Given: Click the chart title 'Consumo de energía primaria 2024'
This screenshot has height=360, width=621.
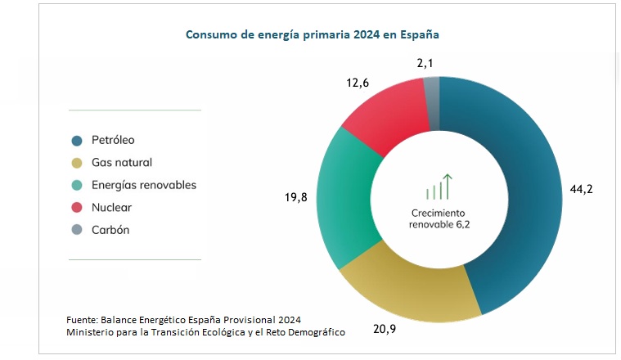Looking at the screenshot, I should [x=313, y=35].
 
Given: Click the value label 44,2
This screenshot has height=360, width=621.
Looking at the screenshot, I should [x=581, y=189].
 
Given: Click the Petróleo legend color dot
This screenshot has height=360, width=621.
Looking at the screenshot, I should [x=77, y=141].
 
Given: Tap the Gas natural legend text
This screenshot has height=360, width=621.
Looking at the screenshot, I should [x=122, y=163].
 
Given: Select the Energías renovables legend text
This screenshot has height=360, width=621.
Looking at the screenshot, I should [x=144, y=185].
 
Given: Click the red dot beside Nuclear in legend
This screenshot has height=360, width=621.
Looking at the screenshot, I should [x=77, y=208].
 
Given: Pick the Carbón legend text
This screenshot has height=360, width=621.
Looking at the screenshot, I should [x=110, y=230].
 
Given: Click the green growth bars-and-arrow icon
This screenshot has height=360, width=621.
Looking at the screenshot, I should [x=439, y=187].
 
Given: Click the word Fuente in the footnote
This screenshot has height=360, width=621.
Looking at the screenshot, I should [x=82, y=319].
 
